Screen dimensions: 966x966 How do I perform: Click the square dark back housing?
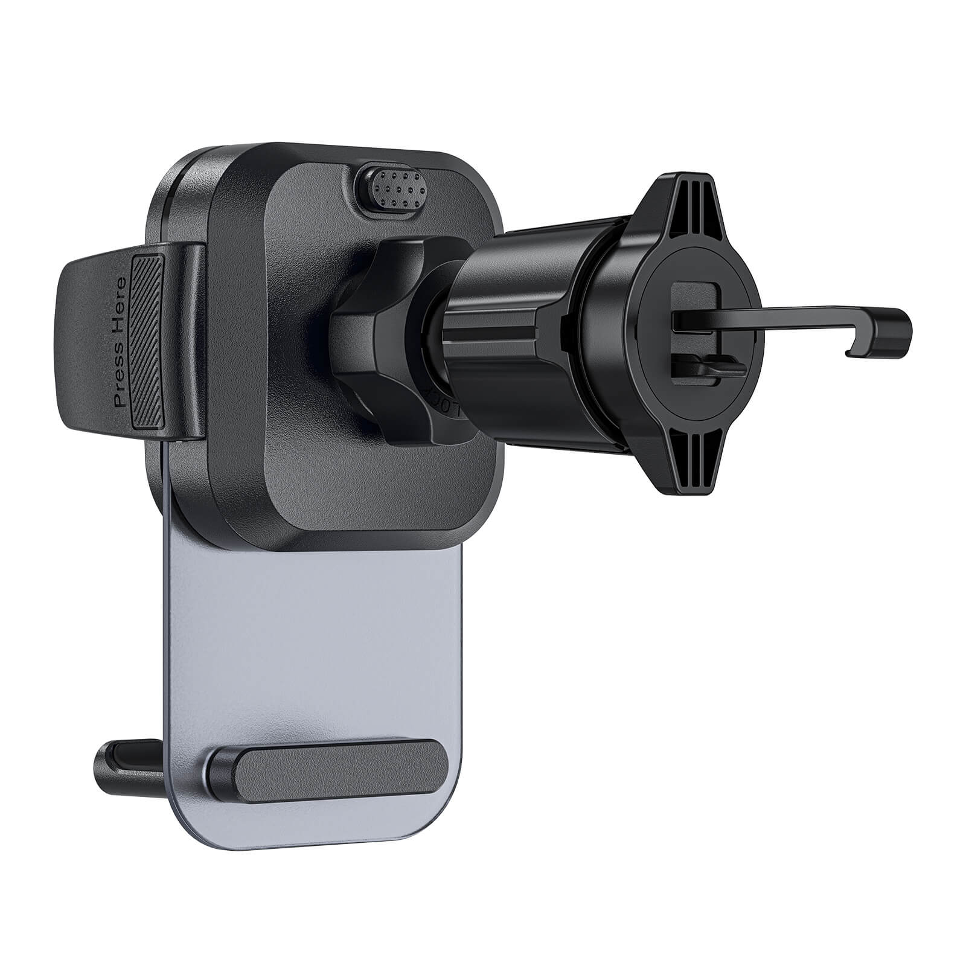click(x=338, y=483)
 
